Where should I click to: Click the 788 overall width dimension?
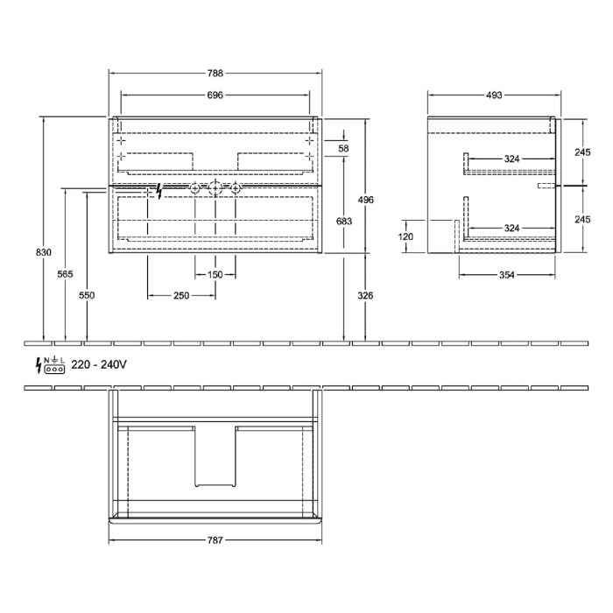click(215, 74)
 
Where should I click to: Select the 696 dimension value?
click(215, 95)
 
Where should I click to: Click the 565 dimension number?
click(65, 274)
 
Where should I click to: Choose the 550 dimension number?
click(86, 296)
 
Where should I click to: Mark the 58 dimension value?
click(343, 149)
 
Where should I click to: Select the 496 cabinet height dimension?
click(366, 200)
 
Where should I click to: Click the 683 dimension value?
click(344, 222)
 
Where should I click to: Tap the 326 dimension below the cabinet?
click(366, 296)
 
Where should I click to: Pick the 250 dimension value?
click(180, 296)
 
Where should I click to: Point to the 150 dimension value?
click(215, 275)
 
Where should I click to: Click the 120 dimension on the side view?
click(405, 236)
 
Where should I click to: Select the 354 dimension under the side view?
click(507, 275)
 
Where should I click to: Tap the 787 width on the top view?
click(215, 540)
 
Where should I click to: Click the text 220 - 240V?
click(99, 364)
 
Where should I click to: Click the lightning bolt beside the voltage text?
click(37, 364)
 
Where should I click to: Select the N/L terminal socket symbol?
click(55, 365)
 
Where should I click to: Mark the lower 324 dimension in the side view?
click(511, 228)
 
